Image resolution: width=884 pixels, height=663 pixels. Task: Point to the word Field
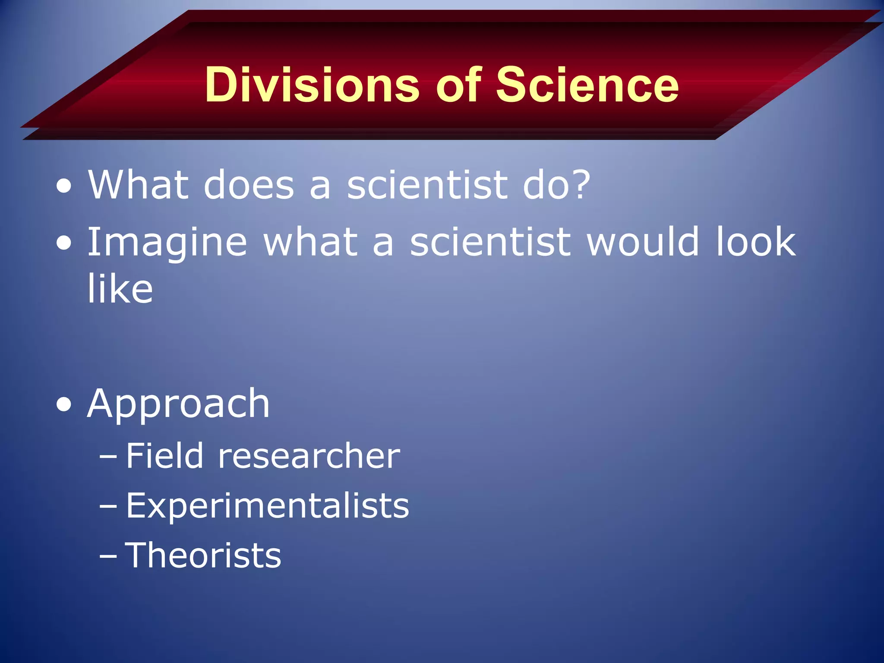(x=164, y=455)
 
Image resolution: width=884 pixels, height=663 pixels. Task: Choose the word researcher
(x=309, y=456)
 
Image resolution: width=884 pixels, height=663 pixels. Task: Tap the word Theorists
(x=203, y=555)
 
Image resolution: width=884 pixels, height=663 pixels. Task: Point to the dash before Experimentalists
(x=108, y=506)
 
